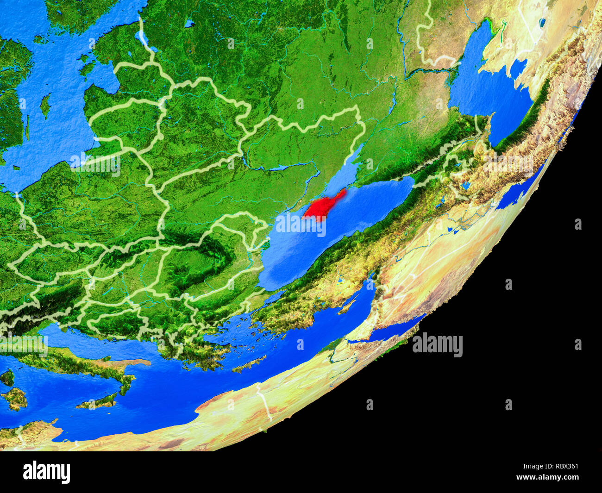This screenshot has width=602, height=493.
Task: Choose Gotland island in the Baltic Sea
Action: click(45, 105)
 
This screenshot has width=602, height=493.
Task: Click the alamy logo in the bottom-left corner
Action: click(46, 472)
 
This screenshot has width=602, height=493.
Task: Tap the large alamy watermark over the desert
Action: click(437, 345)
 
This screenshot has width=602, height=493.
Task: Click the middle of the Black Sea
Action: click(333, 231)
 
